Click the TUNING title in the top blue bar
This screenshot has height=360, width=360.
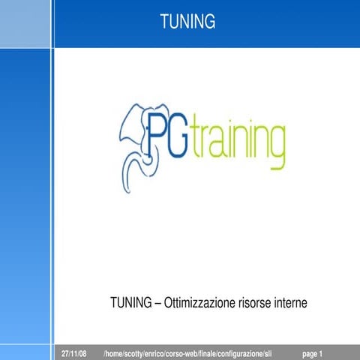[x=187, y=22]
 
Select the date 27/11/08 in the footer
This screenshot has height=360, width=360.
[x=73, y=353]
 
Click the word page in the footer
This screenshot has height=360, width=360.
[x=309, y=353]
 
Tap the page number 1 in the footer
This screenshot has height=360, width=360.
[x=321, y=353]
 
